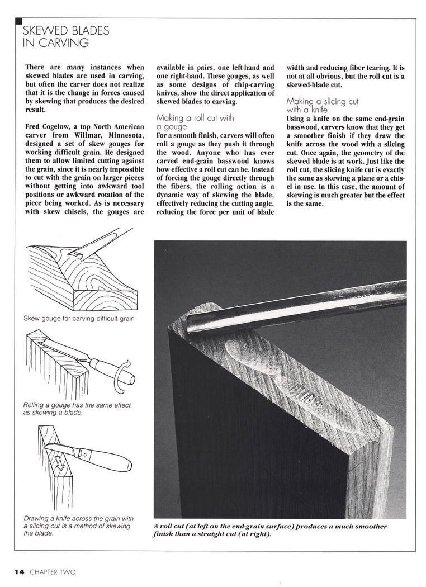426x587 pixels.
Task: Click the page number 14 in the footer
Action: point(19,571)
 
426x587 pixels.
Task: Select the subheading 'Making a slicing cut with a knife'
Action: point(323,106)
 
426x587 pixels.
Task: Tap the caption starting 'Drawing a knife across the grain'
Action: point(77,526)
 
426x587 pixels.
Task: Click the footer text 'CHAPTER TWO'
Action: point(53,571)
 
